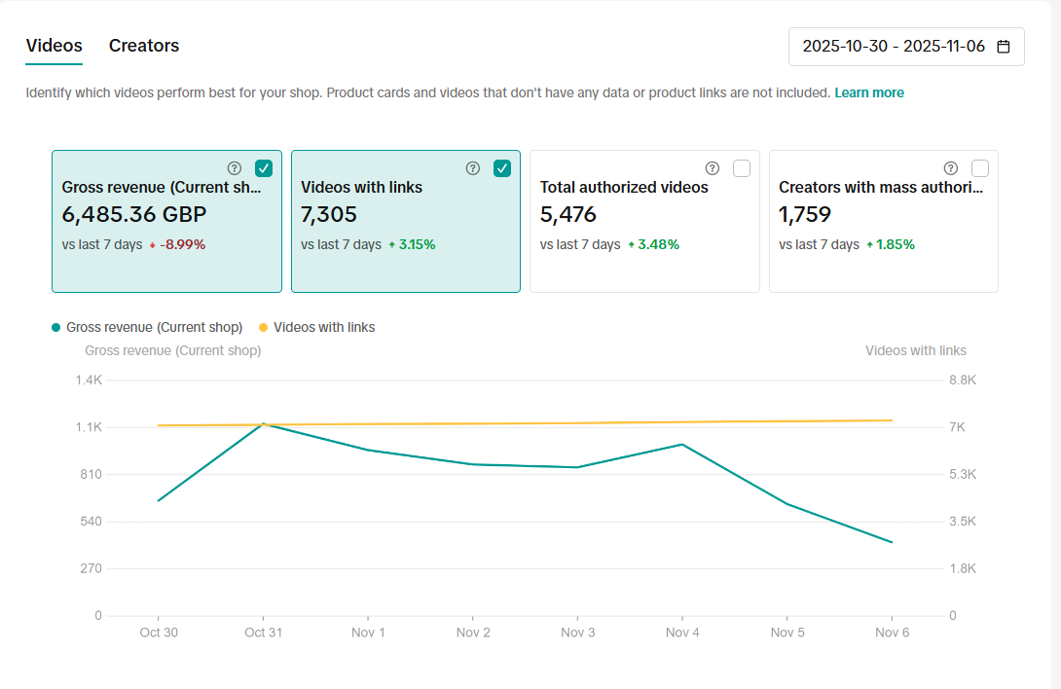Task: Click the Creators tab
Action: coord(144,46)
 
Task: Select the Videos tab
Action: coord(54,46)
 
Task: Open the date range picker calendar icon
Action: coord(1004,47)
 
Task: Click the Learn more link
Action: coord(869,93)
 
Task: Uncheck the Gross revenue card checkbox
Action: coord(264,168)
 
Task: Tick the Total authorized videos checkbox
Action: coord(742,168)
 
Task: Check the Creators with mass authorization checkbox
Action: coord(980,168)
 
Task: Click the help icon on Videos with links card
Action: coord(473,168)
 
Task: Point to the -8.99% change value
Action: coord(183,245)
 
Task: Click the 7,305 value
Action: coord(329,215)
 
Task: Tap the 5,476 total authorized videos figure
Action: coord(568,215)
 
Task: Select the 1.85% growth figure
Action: coord(896,245)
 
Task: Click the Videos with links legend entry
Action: coord(323,328)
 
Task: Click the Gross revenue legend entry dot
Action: coord(56,328)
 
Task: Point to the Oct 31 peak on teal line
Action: coord(263,423)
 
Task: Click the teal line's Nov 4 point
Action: coord(682,445)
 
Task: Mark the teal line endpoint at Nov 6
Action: coord(892,542)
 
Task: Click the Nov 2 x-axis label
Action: coord(473,633)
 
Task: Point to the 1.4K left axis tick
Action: coord(89,381)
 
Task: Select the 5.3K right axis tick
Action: coord(963,475)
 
